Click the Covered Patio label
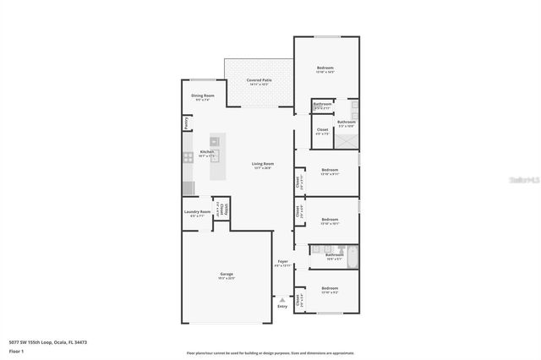pyautogui.click(x=258, y=80)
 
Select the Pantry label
pyautogui.click(x=186, y=123)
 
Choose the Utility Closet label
pyautogui.click(x=221, y=209)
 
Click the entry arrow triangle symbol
pyautogui.click(x=282, y=298)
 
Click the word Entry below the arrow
pyautogui.click(x=282, y=306)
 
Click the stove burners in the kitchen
pyautogui.click(x=187, y=156)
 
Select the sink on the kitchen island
pyautogui.click(x=215, y=140)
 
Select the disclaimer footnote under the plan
pyautogui.click(x=270, y=353)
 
